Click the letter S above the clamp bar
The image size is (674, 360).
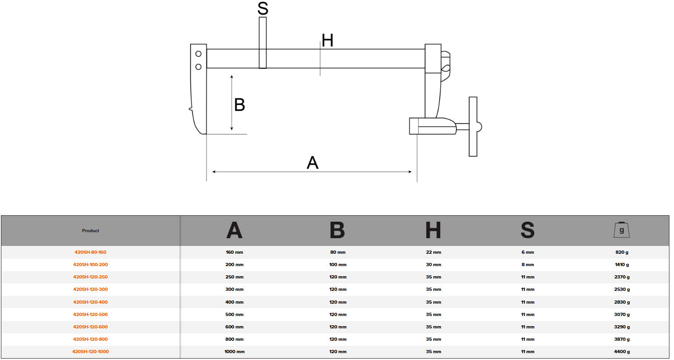[263, 8]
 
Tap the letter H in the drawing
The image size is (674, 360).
[327, 41]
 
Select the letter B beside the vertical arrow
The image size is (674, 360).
[240, 105]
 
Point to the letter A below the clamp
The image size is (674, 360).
[312, 163]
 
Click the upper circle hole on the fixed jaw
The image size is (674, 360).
[198, 54]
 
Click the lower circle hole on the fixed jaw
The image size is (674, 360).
[198, 67]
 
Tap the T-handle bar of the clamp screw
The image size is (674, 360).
[473, 126]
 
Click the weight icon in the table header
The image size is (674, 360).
[621, 230]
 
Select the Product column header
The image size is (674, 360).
[90, 231]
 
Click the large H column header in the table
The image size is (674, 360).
[433, 230]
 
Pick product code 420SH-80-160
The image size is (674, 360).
[90, 252]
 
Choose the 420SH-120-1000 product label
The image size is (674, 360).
[90, 352]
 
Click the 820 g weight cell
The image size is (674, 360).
[621, 252]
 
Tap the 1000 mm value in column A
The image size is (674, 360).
[234, 352]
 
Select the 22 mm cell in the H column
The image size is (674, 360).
[433, 252]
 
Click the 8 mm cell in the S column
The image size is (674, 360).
[527, 265]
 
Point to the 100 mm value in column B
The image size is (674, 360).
[338, 265]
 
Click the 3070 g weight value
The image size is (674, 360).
[621, 315]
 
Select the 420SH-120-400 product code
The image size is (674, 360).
[90, 302]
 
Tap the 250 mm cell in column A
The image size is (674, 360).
[234, 277]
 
